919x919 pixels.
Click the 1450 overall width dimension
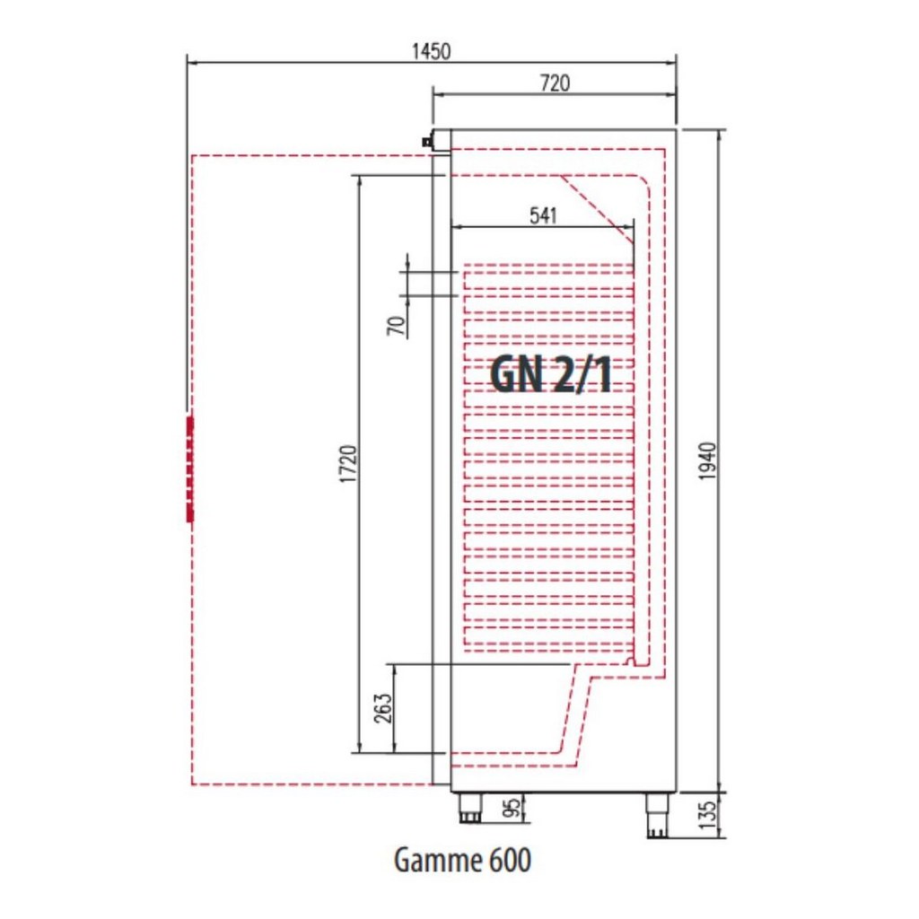431,51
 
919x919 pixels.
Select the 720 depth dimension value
555,83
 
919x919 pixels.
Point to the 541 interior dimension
543,215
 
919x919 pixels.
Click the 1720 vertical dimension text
348,464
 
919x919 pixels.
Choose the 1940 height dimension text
707,461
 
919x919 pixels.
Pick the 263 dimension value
382,708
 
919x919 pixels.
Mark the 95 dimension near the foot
512,809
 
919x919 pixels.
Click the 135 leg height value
708,815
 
